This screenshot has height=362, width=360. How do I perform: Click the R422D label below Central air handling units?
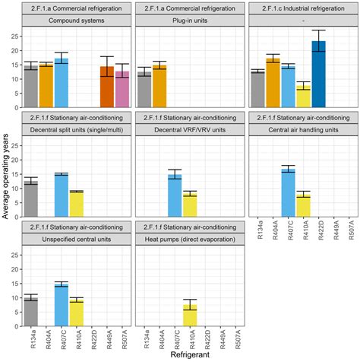pos(318,231)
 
